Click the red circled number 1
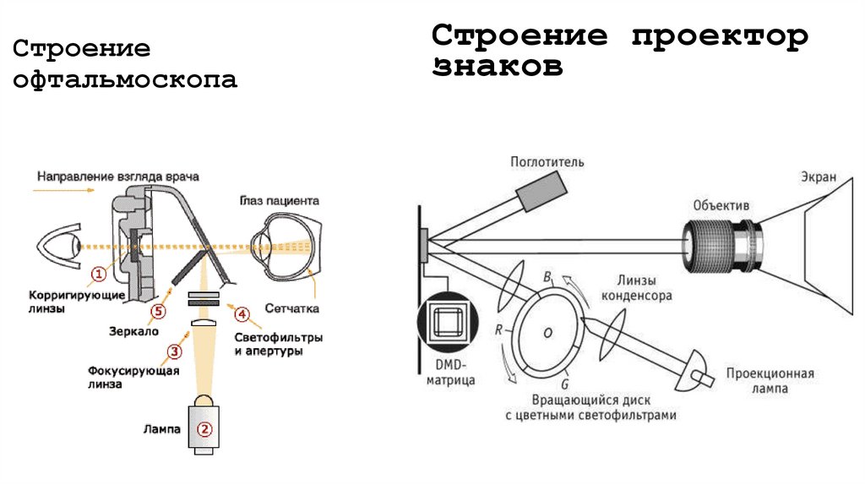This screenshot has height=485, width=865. click(x=99, y=272)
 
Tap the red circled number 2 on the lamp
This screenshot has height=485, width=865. click(x=204, y=428)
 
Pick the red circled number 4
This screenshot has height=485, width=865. click(x=242, y=314)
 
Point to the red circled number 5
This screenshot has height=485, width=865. click(x=157, y=311)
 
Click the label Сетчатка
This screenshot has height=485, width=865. click(x=292, y=309)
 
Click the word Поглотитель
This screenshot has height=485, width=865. click(x=547, y=161)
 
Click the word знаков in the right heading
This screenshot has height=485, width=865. click(x=498, y=67)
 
